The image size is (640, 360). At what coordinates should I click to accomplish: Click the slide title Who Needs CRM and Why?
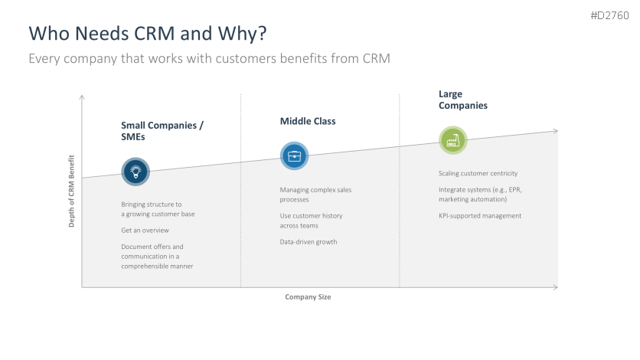pyautogui.click(x=148, y=34)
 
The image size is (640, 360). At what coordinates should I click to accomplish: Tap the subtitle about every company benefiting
pyautogui.click(x=209, y=59)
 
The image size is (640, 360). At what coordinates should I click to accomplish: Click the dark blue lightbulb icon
pyautogui.click(x=136, y=171)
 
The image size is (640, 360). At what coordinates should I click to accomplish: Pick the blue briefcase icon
pyautogui.click(x=294, y=156)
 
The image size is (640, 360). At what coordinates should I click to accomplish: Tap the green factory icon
pyautogui.click(x=452, y=140)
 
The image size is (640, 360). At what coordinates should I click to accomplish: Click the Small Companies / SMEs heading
pyautogui.click(x=162, y=131)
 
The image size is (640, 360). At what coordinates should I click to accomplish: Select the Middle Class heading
pyautogui.click(x=308, y=121)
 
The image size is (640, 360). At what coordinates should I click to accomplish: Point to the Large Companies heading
pyautogui.click(x=462, y=100)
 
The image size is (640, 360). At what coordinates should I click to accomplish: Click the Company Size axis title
pyautogui.click(x=308, y=296)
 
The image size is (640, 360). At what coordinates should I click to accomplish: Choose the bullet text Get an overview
pyautogui.click(x=145, y=230)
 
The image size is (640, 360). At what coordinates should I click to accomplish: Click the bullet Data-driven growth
pyautogui.click(x=309, y=242)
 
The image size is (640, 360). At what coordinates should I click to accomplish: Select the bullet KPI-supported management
pyautogui.click(x=480, y=215)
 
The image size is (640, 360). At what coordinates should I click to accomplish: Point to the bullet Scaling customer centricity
pyautogui.click(x=478, y=173)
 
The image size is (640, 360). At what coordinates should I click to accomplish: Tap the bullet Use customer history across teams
pyautogui.click(x=311, y=221)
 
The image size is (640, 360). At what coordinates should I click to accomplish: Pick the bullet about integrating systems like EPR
pyautogui.click(x=479, y=194)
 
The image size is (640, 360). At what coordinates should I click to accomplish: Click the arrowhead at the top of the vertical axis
pyautogui.click(x=82, y=97)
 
